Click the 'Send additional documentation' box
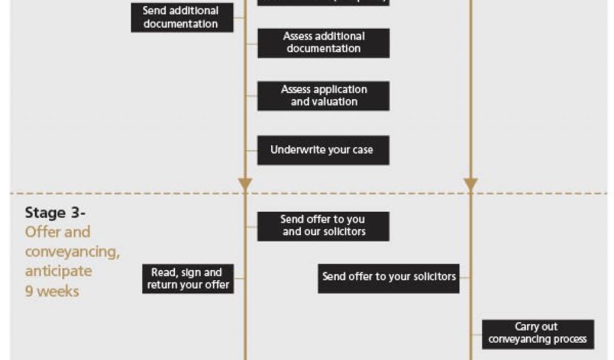point(182,17)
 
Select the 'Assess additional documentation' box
point(323,43)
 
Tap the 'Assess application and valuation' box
point(323,96)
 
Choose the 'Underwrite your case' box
point(323,150)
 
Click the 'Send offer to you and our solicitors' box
point(323,226)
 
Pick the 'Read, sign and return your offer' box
point(188,279)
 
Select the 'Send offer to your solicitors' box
point(389,277)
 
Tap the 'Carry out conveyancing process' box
point(538,334)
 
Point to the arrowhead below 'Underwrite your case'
point(245,184)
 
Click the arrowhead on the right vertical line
point(471,184)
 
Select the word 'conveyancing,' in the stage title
point(72,251)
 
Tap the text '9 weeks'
point(52,292)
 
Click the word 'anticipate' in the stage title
point(58,271)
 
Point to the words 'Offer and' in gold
point(58,232)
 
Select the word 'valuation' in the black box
point(333,103)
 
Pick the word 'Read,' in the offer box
point(164,273)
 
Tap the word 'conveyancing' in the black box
point(521,340)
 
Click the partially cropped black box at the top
point(323,2)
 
